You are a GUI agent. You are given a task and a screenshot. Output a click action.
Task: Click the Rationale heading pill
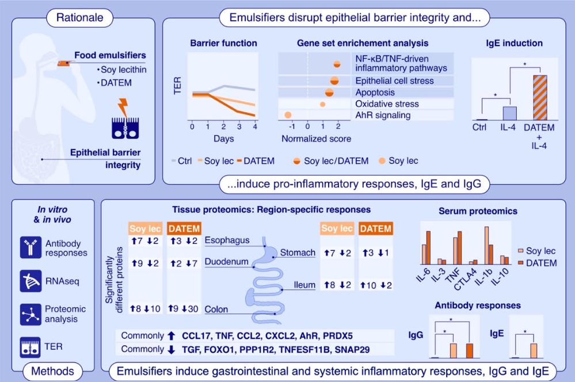point(79,18)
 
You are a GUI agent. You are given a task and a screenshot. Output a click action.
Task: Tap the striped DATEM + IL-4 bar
point(540,98)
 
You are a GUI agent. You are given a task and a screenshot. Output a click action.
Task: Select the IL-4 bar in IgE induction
point(509,113)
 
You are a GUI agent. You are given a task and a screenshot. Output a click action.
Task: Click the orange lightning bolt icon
point(123,108)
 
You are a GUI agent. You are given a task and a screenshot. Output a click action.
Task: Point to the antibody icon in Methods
point(31,247)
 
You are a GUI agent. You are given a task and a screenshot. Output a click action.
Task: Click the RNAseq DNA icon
point(31,281)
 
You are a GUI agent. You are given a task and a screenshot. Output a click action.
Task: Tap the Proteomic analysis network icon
point(31,315)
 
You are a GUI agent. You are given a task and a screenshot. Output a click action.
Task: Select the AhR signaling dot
point(288,115)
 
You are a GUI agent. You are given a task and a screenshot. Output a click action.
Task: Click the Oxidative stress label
point(387,104)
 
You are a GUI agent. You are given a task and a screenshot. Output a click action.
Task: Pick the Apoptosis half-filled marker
point(329,93)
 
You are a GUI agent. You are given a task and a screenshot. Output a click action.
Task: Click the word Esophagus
point(227,240)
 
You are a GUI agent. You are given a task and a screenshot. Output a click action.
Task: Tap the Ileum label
point(304,285)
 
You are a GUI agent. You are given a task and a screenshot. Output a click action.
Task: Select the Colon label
point(216,309)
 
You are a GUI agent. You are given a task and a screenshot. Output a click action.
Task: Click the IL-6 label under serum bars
point(423,274)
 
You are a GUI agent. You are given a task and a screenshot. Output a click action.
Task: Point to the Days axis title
point(224,139)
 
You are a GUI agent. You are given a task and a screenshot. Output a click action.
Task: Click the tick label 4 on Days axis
point(255,127)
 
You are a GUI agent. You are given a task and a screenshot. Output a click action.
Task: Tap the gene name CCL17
point(196,336)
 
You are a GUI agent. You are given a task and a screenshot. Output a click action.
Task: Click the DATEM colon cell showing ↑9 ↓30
point(184,309)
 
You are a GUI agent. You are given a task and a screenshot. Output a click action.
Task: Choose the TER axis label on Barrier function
point(177,85)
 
